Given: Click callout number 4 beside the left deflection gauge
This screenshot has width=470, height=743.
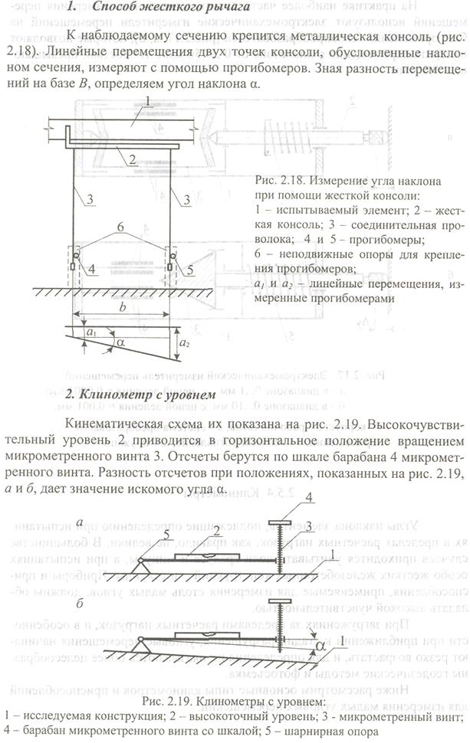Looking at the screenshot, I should tap(90, 269).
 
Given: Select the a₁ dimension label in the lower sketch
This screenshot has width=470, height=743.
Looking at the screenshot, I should tap(92, 334).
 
